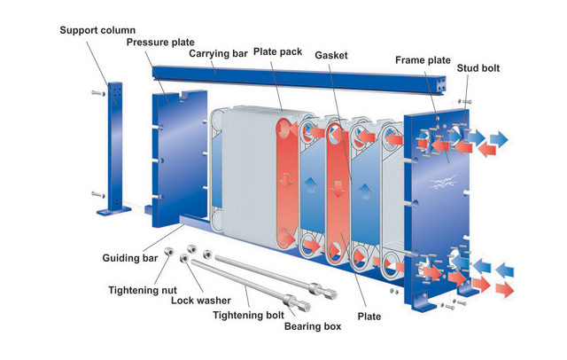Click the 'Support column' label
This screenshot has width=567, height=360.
click(x=98, y=30)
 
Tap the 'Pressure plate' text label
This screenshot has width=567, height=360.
click(x=161, y=42)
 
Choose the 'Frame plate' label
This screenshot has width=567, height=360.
click(x=423, y=60)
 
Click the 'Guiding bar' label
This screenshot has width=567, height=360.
click(x=131, y=258)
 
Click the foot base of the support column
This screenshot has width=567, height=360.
click(x=113, y=210)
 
